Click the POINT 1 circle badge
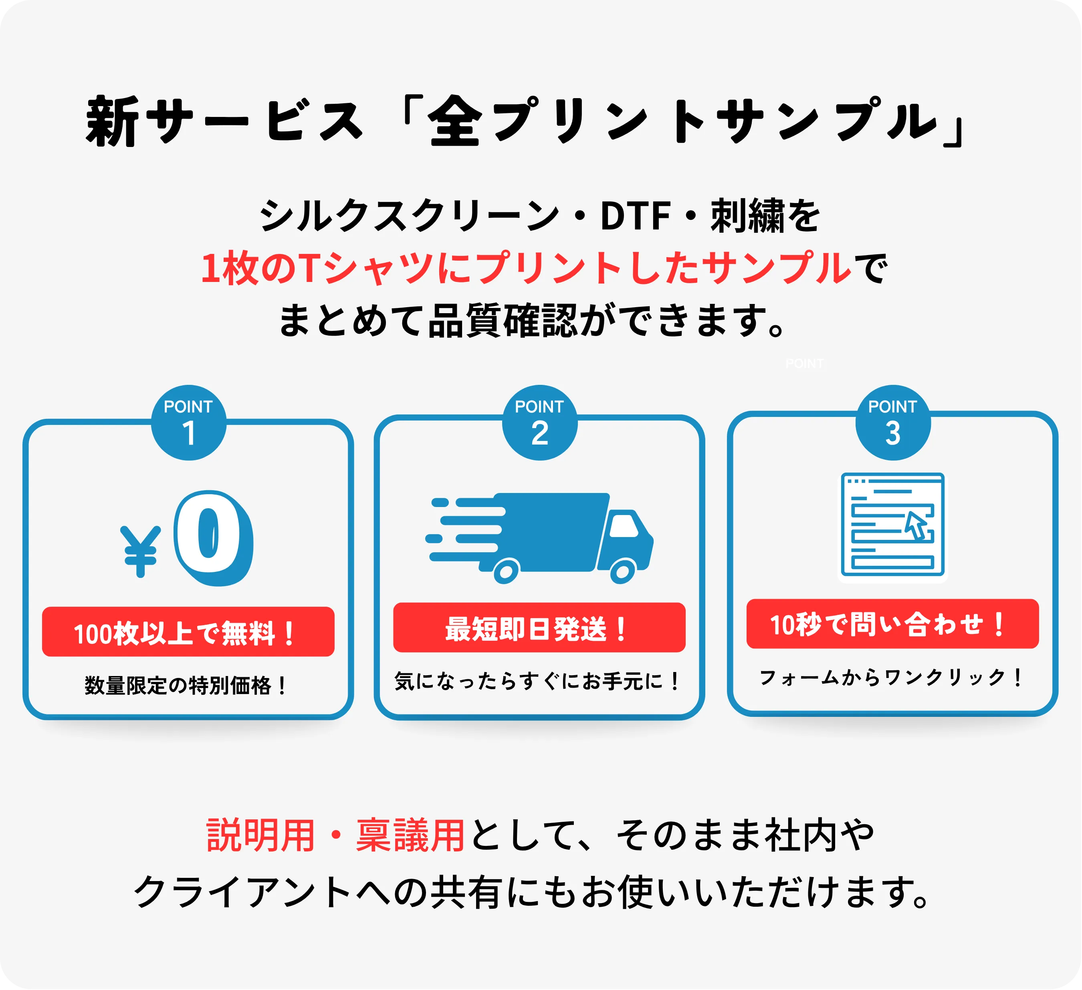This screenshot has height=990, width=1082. tap(188, 423)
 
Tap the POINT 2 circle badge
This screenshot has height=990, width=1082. tap(539, 423)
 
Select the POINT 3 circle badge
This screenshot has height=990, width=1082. tap(892, 423)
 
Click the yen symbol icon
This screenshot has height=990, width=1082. tap(141, 551)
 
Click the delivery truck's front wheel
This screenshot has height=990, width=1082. tap(623, 571)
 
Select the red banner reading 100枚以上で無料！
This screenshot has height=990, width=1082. tap(188, 632)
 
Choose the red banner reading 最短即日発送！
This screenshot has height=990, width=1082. tap(539, 628)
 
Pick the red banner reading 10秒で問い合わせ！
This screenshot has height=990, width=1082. tap(892, 624)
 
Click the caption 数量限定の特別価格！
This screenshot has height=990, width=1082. tap(186, 685)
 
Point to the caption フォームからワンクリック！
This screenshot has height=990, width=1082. tap(891, 677)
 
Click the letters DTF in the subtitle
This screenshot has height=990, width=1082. tap(635, 216)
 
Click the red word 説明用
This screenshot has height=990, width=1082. tap(261, 835)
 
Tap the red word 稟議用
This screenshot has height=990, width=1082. tap(410, 835)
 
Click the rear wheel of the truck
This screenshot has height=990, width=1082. tap(506, 571)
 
